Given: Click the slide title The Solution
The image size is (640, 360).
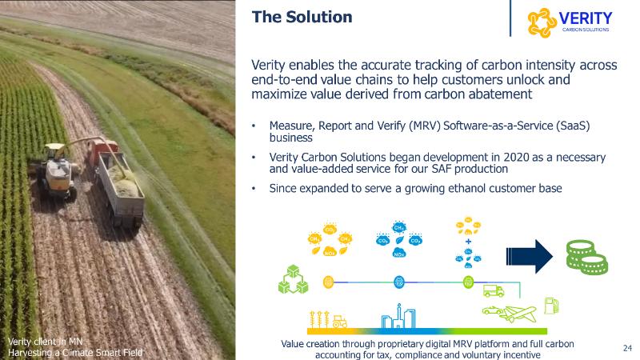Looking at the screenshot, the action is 302,17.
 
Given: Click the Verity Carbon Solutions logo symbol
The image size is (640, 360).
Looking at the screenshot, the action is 542,23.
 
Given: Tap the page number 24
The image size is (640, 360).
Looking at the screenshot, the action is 627,348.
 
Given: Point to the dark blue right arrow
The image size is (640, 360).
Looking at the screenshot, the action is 530,256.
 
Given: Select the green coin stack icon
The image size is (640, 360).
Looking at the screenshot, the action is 587,257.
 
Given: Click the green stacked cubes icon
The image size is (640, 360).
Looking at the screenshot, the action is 293,279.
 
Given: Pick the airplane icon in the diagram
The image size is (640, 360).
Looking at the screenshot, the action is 518,314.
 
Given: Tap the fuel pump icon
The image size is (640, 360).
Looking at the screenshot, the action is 551,306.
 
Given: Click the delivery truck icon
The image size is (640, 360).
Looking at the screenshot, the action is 494,291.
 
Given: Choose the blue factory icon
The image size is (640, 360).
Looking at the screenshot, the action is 398,316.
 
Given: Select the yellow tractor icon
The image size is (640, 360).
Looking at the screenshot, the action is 339,322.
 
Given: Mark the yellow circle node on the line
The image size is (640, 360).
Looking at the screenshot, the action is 328,282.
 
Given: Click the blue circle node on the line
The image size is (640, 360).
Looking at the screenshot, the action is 398,282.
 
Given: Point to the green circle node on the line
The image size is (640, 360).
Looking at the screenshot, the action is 468,282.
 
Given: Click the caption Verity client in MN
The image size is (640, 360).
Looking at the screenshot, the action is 45,342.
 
